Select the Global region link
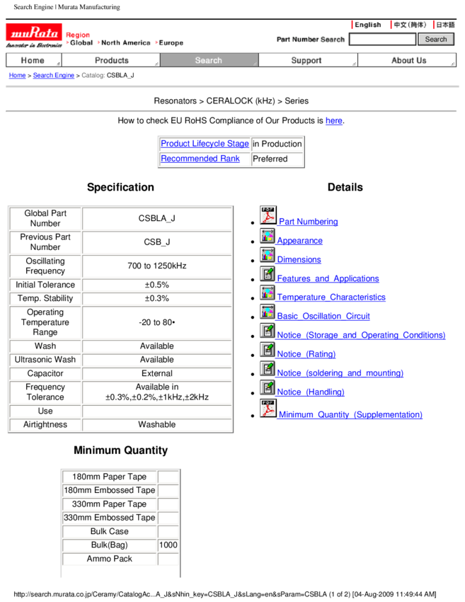point(81,43)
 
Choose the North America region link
point(125,43)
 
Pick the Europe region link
point(171,43)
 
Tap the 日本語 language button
point(445,25)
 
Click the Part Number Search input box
point(382,40)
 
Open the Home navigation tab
point(33,61)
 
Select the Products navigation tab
point(111,61)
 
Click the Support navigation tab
point(306,61)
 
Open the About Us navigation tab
point(408,61)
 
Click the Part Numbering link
point(308,222)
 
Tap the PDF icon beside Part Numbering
point(268,215)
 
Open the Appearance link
point(300,241)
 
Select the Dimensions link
point(299,260)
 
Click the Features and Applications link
point(328,279)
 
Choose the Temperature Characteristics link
point(331,297)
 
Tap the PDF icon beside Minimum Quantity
point(268,409)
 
